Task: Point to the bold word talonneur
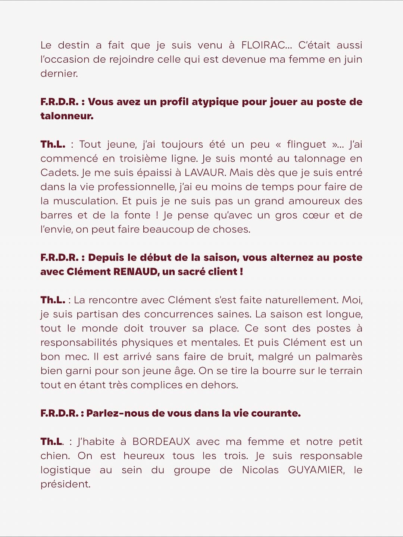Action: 66,116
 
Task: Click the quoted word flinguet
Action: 306,144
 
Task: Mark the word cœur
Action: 313,215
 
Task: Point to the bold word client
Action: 222,272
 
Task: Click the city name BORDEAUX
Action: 161,442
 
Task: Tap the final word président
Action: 65,484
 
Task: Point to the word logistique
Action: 65,470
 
